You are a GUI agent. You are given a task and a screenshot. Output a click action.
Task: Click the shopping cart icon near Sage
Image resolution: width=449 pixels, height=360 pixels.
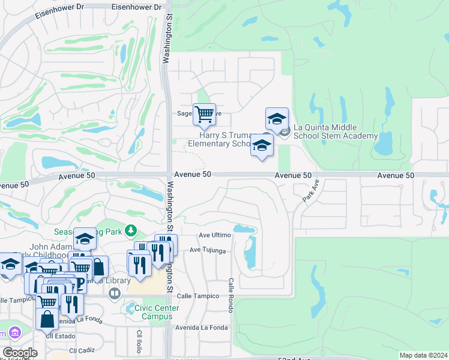(204, 113)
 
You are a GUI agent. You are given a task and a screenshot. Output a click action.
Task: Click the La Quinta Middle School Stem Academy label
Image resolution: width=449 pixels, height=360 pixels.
(335, 131)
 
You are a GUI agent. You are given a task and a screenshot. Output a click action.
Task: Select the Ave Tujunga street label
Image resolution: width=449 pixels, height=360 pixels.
(208, 250)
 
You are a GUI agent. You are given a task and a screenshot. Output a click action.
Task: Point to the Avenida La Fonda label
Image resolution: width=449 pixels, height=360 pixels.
(202, 328)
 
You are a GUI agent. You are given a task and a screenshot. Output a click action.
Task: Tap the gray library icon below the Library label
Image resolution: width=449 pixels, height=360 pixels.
(114, 293)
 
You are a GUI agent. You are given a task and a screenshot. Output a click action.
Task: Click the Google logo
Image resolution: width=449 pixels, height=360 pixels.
(20, 353)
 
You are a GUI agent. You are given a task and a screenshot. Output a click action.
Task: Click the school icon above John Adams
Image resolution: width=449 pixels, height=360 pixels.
(85, 239)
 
